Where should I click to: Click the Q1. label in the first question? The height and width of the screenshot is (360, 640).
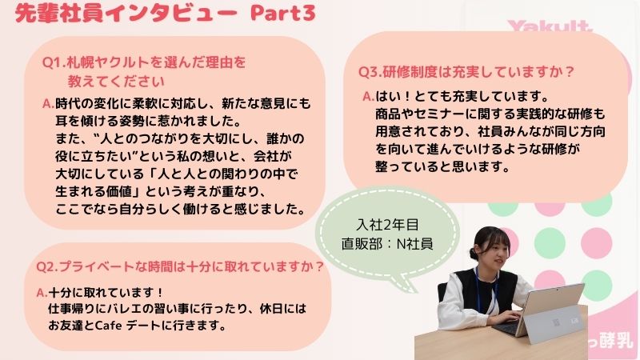tap(54, 62)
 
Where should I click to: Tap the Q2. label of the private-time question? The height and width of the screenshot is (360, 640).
tap(47, 266)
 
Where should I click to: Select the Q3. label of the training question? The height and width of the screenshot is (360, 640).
tap(370, 72)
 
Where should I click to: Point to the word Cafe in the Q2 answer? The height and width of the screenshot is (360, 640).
tap(108, 326)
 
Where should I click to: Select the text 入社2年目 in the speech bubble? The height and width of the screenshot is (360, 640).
tap(387, 225)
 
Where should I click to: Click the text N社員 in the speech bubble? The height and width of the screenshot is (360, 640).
tap(414, 244)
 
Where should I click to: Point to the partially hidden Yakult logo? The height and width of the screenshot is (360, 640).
tap(550, 26)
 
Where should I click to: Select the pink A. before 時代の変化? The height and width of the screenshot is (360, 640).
tap(48, 104)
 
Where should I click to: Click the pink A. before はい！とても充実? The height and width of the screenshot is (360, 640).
tap(369, 96)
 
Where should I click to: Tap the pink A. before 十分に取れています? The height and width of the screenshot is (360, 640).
tap(42, 293)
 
